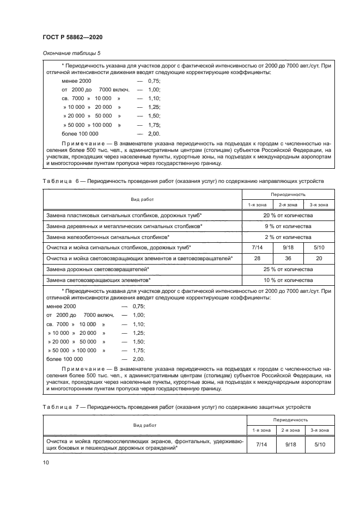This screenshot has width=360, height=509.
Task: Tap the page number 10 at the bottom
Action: coord(46,462)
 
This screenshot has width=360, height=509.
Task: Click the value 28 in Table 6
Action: coord(257,258)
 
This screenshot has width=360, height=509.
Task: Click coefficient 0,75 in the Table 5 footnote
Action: coord(154,80)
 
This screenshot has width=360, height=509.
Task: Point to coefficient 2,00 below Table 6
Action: coord(138,359)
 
